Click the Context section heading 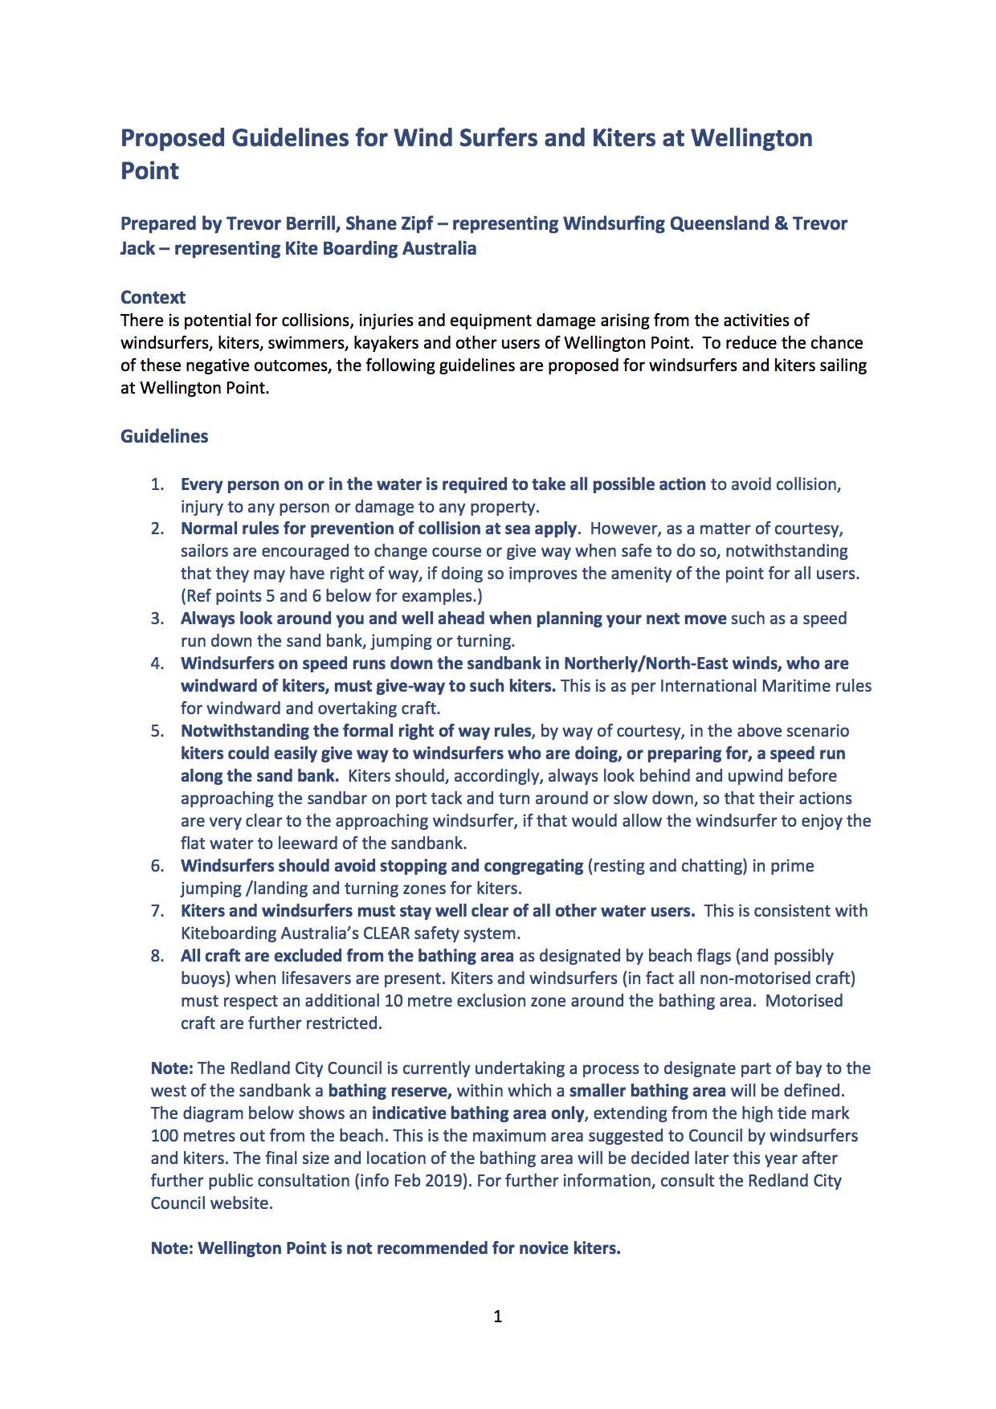coord(153,297)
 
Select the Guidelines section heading coord(164,436)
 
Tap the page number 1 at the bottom coord(498,1316)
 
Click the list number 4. coord(157,664)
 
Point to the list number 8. coord(157,956)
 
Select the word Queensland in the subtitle coord(719,223)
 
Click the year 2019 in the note coord(444,1181)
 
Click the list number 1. coord(157,484)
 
